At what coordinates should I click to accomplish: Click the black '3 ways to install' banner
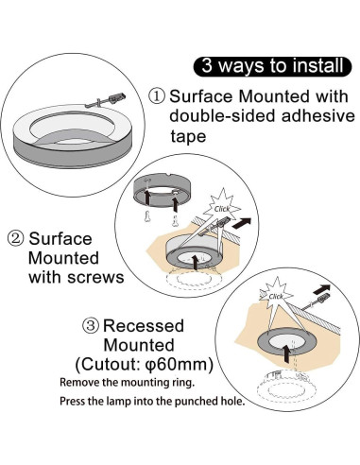pos(272,66)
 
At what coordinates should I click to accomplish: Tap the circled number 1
pos(157,96)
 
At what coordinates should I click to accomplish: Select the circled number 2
pos(15,239)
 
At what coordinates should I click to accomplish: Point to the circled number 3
pos(91,325)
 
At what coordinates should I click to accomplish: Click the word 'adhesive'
pos(318,116)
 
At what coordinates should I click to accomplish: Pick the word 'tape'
pos(188,136)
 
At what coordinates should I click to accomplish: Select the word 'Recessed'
pos(144,325)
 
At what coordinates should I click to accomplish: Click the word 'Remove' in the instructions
pos(77,383)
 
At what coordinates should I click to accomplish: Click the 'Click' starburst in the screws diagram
pos(223,208)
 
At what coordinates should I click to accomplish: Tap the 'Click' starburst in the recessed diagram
pos(276,296)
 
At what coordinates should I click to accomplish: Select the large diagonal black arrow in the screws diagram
pos(242,223)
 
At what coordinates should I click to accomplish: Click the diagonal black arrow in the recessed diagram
pos(321,288)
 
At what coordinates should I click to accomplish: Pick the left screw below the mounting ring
pos(146,216)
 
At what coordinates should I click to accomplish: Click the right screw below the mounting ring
pos(175,219)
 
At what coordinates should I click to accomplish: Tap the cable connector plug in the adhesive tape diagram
pos(116,97)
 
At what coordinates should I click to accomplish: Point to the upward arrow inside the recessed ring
pos(286,353)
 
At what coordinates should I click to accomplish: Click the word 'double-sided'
pos(222,116)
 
